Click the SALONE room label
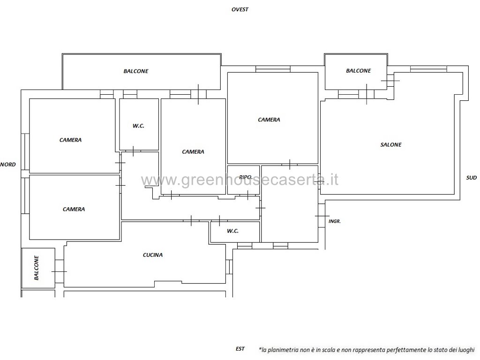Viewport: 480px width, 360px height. tap(391, 144)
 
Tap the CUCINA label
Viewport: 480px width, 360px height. tap(153, 255)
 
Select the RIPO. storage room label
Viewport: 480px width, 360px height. tap(246, 177)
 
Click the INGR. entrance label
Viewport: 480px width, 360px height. tap(335, 221)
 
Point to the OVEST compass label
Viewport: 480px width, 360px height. tap(240, 9)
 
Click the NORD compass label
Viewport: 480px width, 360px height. tap(8, 165)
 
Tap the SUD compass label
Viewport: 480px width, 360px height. tap(472, 178)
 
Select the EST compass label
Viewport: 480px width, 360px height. tap(240, 349)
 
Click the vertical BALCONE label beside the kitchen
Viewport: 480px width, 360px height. tap(37, 268)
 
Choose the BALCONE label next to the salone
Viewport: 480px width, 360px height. tap(359, 71)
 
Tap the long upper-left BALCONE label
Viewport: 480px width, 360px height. tap(136, 71)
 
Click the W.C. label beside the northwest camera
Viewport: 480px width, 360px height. tap(138, 126)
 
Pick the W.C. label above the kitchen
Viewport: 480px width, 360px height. tap(232, 231)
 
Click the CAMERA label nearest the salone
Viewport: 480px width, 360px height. tap(269, 120)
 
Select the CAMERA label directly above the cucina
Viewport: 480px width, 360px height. tap(74, 209)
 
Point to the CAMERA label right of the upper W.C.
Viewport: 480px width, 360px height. tap(193, 151)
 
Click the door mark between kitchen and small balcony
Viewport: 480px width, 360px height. tap(59, 271)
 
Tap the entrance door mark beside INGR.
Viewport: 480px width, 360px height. tap(322, 216)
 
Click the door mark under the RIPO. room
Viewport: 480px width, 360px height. tap(247, 195)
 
